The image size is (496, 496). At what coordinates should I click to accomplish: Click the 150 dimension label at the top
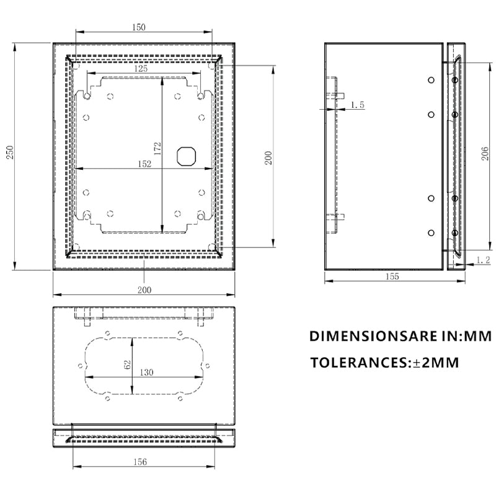139,27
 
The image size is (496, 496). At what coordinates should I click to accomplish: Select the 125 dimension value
141,69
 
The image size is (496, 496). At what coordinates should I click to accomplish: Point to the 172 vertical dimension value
157,148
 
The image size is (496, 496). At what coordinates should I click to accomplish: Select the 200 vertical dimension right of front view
268,158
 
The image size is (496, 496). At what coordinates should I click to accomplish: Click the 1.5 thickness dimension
357,105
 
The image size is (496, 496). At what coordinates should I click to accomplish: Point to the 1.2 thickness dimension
484,261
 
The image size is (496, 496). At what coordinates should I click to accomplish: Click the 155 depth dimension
392,277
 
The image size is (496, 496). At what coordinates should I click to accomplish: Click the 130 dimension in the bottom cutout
146,373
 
